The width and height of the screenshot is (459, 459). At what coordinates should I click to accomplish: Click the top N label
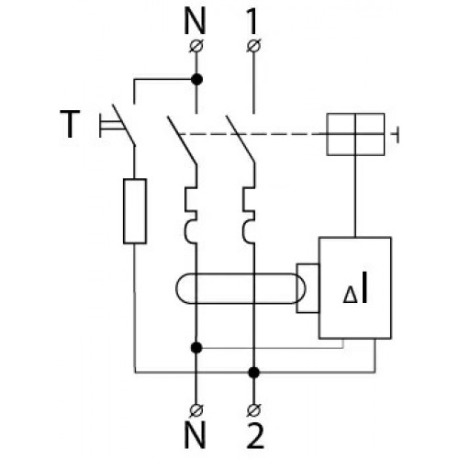coord(195,21)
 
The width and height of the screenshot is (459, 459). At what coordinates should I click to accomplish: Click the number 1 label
coord(252,21)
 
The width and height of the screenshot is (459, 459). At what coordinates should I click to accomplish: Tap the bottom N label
coord(195,435)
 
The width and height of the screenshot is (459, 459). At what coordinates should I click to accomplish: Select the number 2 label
coord(254,435)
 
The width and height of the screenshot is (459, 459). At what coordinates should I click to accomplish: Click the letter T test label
coord(70,124)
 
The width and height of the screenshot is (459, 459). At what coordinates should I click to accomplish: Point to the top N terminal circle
coord(196,46)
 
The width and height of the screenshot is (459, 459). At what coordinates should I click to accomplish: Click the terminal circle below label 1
coord(253,46)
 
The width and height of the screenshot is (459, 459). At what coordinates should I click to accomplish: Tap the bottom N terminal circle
coord(196,410)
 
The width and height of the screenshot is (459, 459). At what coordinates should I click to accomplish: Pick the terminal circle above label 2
coord(253,410)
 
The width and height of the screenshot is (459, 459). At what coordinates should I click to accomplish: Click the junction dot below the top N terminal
coord(196,80)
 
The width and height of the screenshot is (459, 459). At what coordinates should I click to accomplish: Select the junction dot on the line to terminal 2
coord(253,373)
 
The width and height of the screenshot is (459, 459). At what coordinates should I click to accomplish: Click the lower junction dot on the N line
coord(196,348)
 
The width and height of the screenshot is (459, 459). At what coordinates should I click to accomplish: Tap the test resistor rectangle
coord(135,211)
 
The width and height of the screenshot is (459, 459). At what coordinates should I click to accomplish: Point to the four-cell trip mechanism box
coord(355,134)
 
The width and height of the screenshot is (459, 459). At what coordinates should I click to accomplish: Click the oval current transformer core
coord(241,274)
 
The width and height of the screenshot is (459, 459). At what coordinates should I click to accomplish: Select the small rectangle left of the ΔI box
coord(308,288)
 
